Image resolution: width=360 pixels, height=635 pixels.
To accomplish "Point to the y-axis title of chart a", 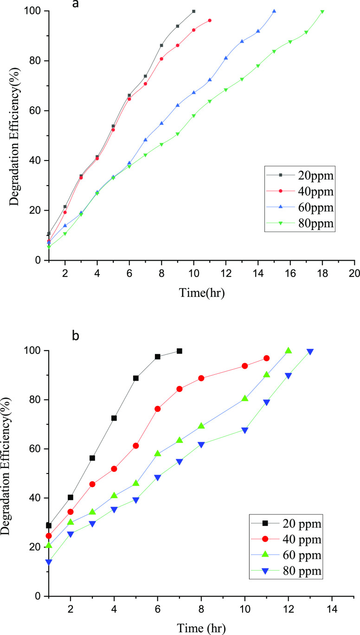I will coord(15,135).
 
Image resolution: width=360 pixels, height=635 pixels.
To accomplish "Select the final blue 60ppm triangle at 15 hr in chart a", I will coord(274,11).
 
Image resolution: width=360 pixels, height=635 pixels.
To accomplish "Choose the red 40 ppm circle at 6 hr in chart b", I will coord(158,409).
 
